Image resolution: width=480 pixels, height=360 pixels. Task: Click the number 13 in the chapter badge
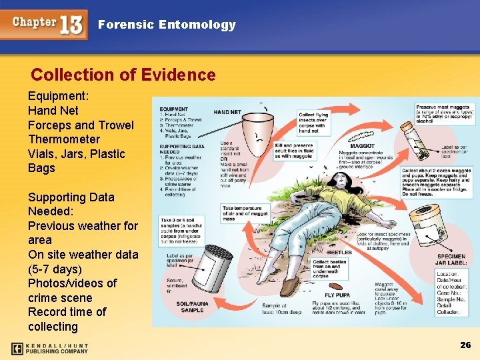(x=71, y=25)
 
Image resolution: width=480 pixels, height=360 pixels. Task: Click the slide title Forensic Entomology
(x=167, y=25)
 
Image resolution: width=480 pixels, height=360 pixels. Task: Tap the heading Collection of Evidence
(x=123, y=75)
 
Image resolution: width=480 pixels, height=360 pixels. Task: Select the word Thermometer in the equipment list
(x=64, y=139)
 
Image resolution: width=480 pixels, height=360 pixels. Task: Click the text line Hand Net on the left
(x=53, y=111)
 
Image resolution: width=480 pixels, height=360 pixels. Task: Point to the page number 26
(x=465, y=345)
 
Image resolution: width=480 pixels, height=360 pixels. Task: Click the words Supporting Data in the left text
(x=71, y=197)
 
